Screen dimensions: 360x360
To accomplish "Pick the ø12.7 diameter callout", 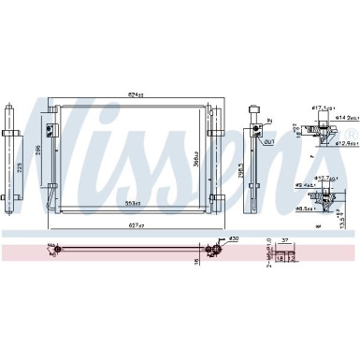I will point(327,178).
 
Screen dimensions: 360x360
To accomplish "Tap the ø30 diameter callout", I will point(231,238).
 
